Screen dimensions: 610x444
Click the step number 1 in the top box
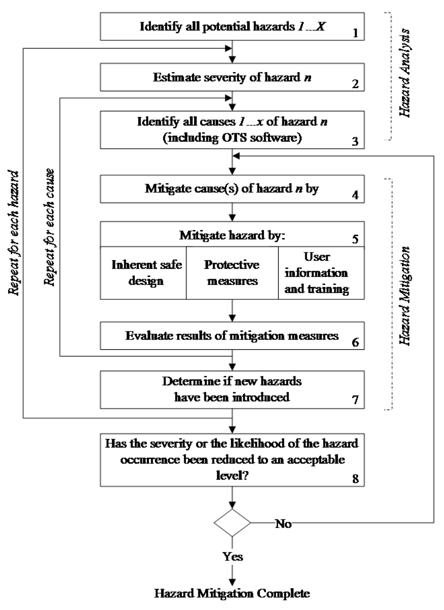click(x=355, y=34)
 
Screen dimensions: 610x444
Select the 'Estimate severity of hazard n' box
click(x=232, y=77)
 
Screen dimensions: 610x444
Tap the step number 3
click(x=355, y=142)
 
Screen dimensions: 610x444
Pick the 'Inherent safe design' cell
click(x=146, y=273)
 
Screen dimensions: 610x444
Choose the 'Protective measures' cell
click(x=232, y=273)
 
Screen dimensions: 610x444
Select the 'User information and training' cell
click(x=317, y=273)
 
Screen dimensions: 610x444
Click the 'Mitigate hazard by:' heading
click(x=232, y=235)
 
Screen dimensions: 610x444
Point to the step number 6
click(x=355, y=343)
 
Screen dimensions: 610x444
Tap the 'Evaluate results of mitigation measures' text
click(x=232, y=336)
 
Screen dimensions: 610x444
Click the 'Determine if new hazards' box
click(x=232, y=389)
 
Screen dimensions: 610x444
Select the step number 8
click(x=355, y=479)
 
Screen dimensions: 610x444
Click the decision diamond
click(x=232, y=523)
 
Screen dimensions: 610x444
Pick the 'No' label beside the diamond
click(x=283, y=524)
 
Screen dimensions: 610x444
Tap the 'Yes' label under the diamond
click(x=233, y=556)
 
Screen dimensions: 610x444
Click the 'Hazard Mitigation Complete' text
click(x=232, y=594)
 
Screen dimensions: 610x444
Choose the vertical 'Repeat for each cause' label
click(x=49, y=228)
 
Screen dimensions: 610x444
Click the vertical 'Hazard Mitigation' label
click(x=405, y=295)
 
